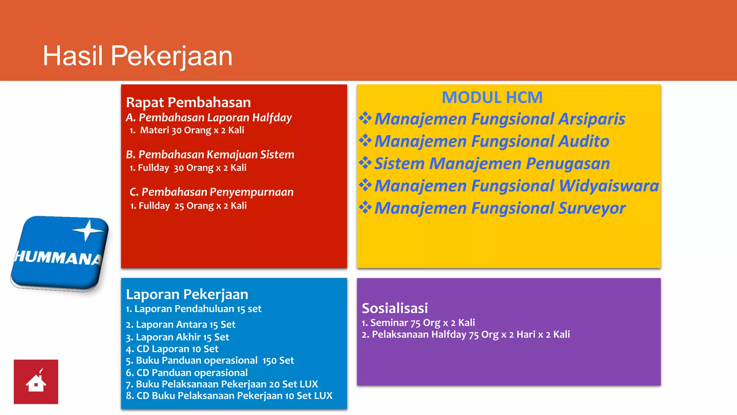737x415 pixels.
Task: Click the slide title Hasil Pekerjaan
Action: (137, 56)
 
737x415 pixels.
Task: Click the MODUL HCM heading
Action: (492, 98)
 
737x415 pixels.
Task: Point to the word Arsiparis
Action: (592, 119)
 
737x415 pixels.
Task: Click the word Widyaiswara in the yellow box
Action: (609, 186)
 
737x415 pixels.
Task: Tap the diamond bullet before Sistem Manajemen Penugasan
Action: (365, 163)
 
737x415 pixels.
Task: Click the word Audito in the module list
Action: (583, 142)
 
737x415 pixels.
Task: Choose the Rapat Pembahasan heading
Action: (188, 103)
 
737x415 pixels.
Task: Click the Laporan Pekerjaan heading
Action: (187, 295)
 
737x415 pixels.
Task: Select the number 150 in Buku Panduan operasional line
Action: (269, 361)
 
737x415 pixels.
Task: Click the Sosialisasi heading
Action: (395, 308)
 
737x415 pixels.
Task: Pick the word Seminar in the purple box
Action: (389, 323)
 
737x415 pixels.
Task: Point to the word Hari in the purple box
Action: (526, 335)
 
